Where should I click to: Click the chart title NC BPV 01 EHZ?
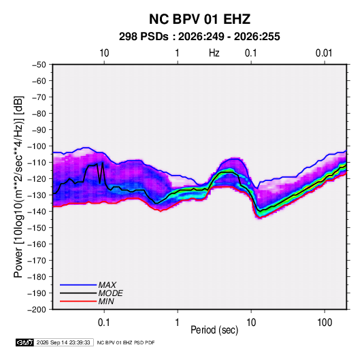pyautogui.click(x=199, y=19)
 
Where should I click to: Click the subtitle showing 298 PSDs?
pyautogui.click(x=199, y=37)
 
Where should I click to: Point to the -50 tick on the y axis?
pyautogui.click(x=39, y=65)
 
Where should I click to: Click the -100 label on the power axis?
pyautogui.click(x=37, y=146)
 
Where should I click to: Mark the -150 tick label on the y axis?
pyautogui.click(x=37, y=228)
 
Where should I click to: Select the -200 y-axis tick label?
pyautogui.click(x=37, y=310)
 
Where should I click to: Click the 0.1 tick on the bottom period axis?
pyautogui.click(x=104, y=323)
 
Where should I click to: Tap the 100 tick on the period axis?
pyautogui.click(x=325, y=323)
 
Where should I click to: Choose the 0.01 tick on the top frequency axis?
pyautogui.click(x=324, y=53)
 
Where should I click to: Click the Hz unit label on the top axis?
pyautogui.click(x=214, y=53)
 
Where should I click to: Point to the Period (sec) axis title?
pyautogui.click(x=214, y=330)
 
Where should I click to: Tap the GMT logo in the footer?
pyautogui.click(x=24, y=342)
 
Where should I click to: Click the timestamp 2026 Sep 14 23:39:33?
pyautogui.click(x=63, y=342)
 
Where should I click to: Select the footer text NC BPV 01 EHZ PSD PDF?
pyautogui.click(x=126, y=342)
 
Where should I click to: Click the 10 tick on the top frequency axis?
pyautogui.click(x=104, y=53)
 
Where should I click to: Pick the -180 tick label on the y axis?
pyautogui.click(x=37, y=277)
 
